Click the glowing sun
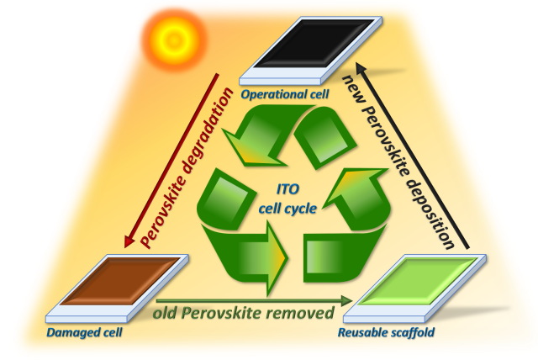point(174,40)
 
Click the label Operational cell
point(285,94)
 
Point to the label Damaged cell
point(84,332)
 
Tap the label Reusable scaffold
point(387,332)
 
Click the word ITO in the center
point(287,189)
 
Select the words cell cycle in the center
point(287,209)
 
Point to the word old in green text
point(165,313)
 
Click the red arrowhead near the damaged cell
point(129,241)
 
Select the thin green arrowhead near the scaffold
point(347,301)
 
